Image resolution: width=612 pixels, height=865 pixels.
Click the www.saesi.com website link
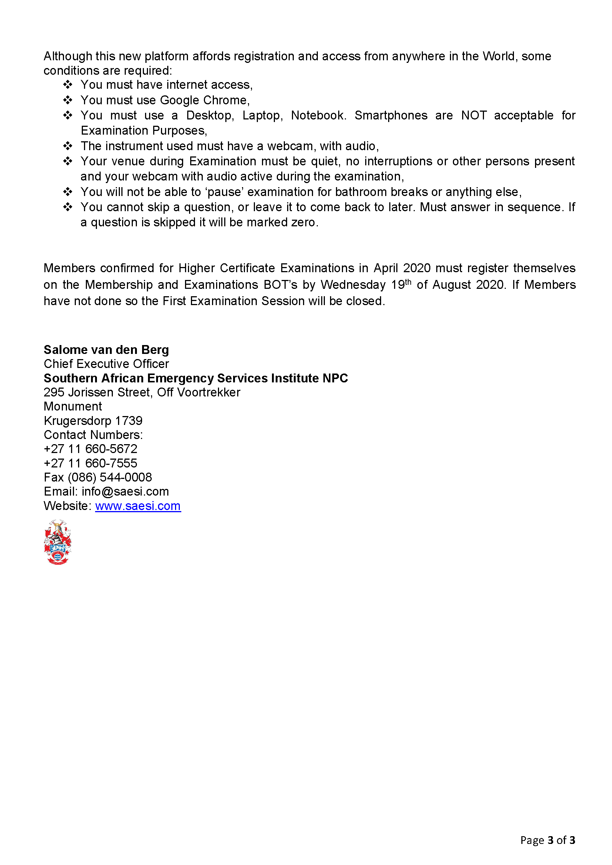click(x=138, y=506)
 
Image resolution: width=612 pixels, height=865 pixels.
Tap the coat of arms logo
click(x=58, y=541)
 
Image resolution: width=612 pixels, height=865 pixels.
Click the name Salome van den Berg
click(x=106, y=349)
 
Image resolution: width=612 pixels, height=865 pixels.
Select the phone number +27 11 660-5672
click(x=90, y=449)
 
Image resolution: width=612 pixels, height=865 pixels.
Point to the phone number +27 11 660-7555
click(x=90, y=463)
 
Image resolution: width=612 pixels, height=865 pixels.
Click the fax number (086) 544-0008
click(x=110, y=477)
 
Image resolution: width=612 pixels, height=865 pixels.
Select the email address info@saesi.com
click(x=125, y=491)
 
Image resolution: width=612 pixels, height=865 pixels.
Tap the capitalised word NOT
click(x=474, y=115)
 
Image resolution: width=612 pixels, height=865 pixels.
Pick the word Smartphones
click(x=391, y=115)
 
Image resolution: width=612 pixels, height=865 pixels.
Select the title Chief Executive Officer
click(x=106, y=364)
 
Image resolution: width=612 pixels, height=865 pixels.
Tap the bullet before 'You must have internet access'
click(x=68, y=84)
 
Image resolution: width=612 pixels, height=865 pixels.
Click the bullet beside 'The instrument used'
click(x=68, y=146)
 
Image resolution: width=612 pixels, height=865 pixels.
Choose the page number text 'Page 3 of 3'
click(x=548, y=840)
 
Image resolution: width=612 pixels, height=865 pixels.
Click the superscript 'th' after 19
click(x=408, y=281)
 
